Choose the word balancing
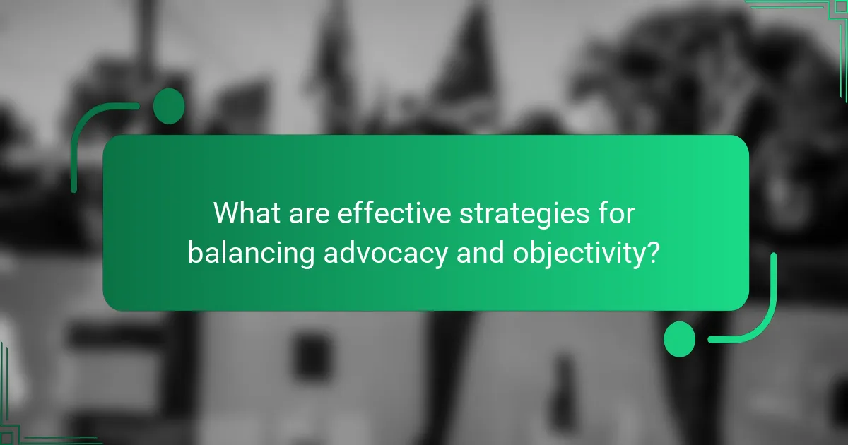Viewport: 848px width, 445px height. coord(250,253)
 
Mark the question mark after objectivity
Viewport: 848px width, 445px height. coord(654,251)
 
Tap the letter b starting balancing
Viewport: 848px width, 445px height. coord(194,251)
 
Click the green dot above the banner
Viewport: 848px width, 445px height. coord(169,106)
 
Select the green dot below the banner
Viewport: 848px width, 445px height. coord(680,338)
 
